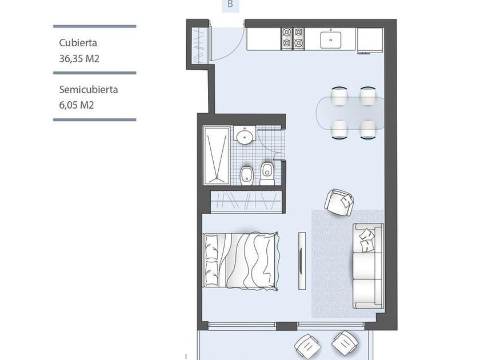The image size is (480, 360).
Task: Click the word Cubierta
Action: click(78, 43)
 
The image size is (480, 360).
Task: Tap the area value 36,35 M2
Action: click(79, 58)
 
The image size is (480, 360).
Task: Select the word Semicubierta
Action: click(89, 90)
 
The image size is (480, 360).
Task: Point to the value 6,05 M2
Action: click(77, 105)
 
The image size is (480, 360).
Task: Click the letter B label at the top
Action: click(230, 5)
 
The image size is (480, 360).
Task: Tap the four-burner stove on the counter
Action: click(293, 38)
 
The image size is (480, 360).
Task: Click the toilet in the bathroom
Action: click(267, 174)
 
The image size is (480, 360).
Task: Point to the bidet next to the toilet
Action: click(246, 176)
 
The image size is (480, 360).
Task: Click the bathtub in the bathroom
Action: click(217, 156)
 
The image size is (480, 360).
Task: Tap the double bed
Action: click(241, 261)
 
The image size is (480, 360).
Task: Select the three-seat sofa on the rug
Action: click(368, 266)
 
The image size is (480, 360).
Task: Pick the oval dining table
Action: click(350, 113)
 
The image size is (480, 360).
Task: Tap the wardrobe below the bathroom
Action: click(246, 201)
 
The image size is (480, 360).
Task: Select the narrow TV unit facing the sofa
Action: click(302, 261)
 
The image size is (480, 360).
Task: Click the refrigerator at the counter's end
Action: click(370, 40)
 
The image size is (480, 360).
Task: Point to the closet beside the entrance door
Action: click(199, 46)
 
